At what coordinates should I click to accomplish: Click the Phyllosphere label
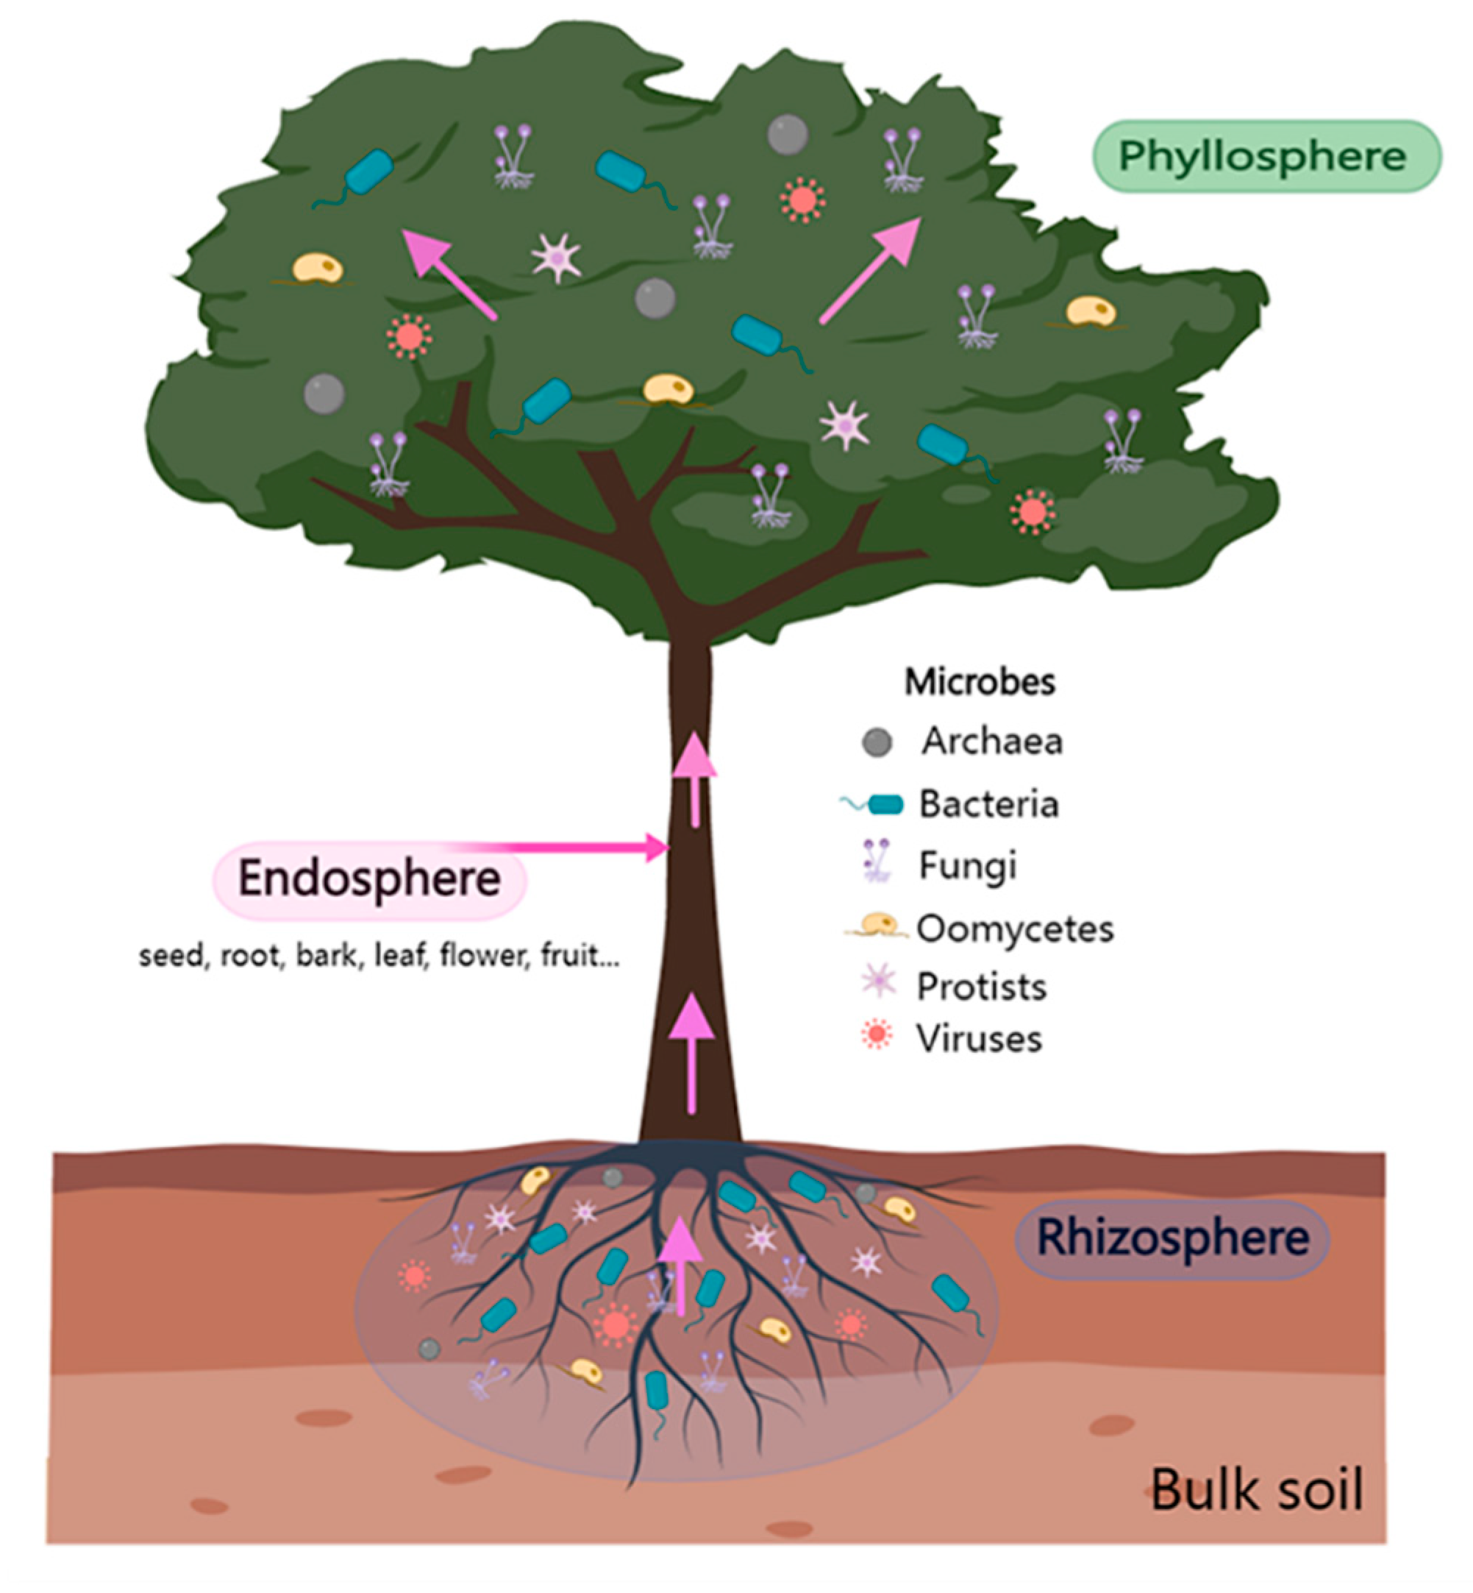click(1266, 156)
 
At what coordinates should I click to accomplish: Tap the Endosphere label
click(369, 879)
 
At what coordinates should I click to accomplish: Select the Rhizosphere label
click(1172, 1238)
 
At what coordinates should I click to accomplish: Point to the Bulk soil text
click(1257, 1489)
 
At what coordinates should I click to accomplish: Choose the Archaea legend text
click(992, 742)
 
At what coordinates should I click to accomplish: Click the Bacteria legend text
click(989, 803)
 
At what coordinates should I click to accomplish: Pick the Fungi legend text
click(968, 866)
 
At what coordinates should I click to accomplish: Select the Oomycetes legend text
click(1015, 929)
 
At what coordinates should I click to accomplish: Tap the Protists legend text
click(981, 987)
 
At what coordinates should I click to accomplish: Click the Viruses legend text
click(979, 1039)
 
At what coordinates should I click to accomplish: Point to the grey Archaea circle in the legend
click(877, 742)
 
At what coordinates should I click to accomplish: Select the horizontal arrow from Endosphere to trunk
click(574, 847)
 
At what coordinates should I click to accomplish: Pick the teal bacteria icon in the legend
click(883, 805)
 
